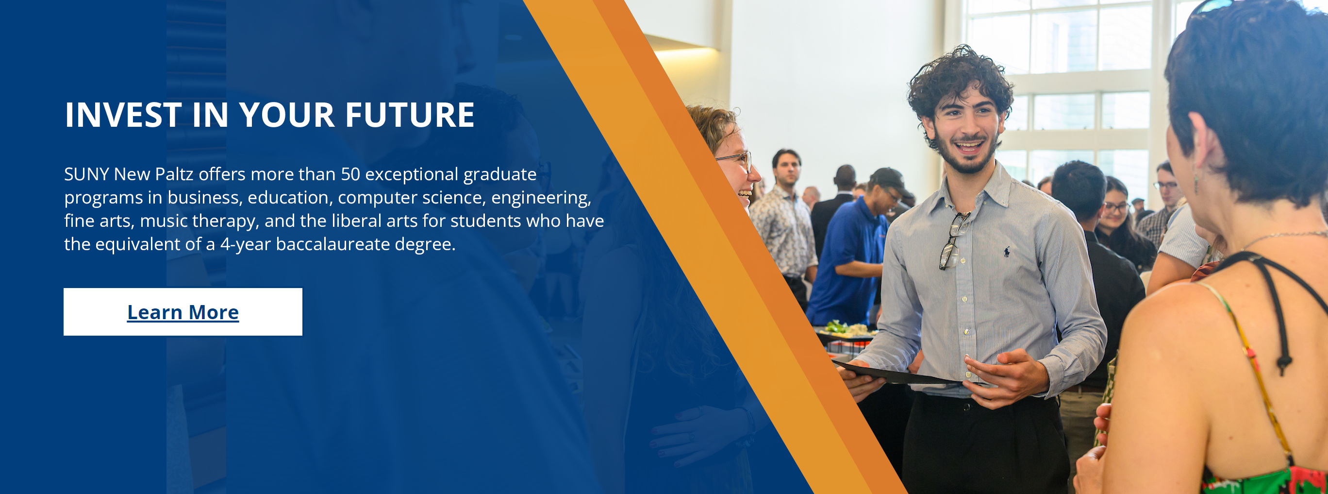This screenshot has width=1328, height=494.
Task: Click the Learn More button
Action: (x=183, y=312)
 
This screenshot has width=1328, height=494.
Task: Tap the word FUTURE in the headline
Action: (x=409, y=115)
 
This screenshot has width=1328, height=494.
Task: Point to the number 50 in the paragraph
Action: (x=350, y=174)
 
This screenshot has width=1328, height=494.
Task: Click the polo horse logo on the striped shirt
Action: (x=1006, y=252)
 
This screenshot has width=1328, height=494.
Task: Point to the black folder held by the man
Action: (x=897, y=374)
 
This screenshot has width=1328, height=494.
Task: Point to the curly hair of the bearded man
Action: (x=959, y=77)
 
